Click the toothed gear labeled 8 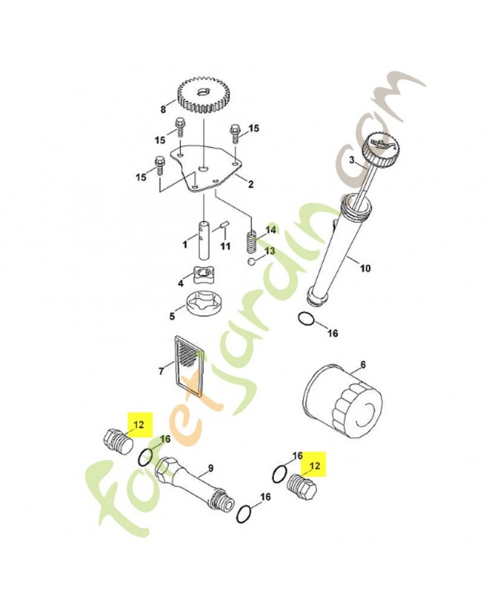(x=201, y=97)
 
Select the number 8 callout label (x=162, y=109)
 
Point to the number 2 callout (x=251, y=184)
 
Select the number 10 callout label (x=366, y=267)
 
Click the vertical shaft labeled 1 (x=204, y=239)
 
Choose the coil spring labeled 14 (x=253, y=241)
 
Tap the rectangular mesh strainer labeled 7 (x=188, y=365)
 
